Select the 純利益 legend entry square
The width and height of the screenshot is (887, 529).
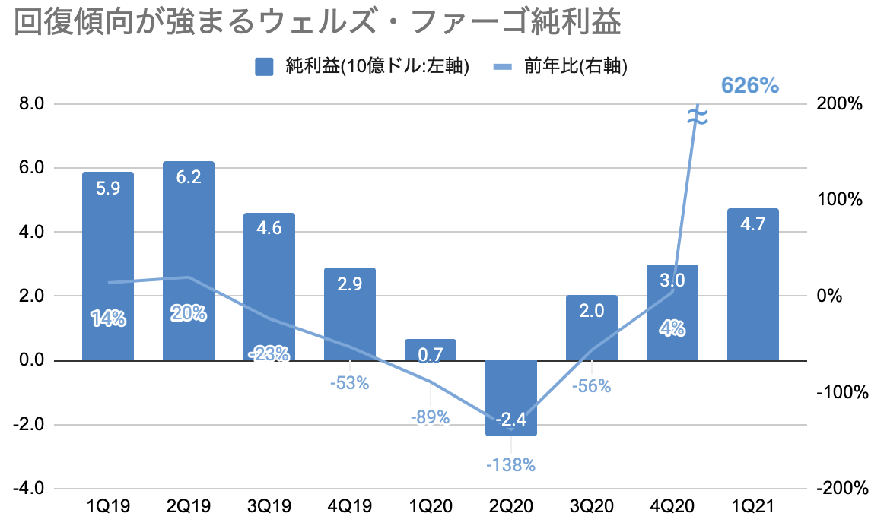(x=264, y=67)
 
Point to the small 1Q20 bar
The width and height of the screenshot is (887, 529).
(x=431, y=350)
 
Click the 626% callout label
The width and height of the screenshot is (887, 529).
(x=750, y=86)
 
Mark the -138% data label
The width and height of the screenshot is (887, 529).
(x=511, y=464)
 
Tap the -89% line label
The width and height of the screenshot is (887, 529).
(x=431, y=417)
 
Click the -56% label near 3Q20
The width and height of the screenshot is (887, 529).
(x=591, y=385)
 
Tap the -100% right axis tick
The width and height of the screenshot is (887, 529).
(x=841, y=392)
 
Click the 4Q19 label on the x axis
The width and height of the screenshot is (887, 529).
(x=350, y=505)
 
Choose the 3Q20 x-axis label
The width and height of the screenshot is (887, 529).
(x=591, y=505)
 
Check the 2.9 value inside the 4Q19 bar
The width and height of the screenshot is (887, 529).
(x=350, y=287)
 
